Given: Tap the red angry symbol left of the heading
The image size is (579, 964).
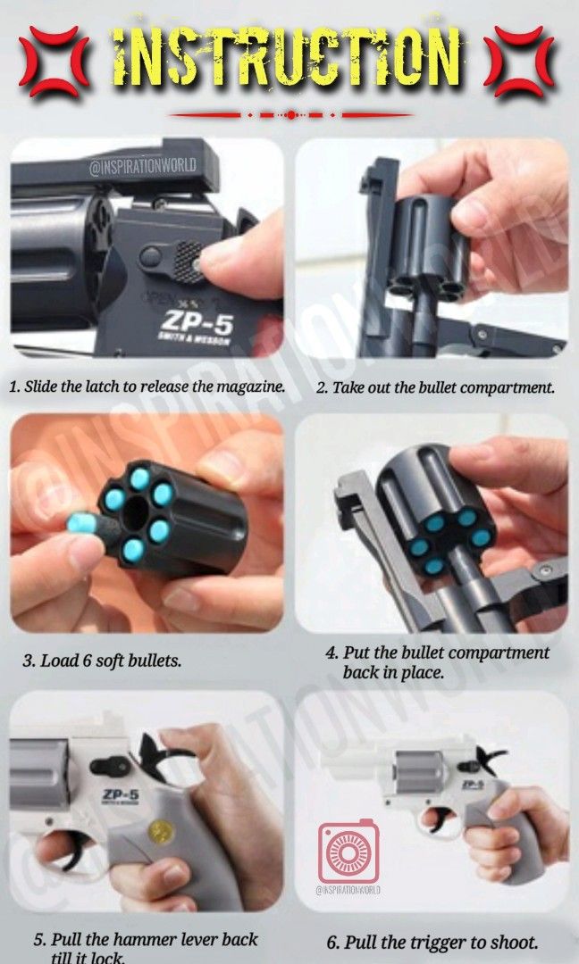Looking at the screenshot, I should coord(53,62).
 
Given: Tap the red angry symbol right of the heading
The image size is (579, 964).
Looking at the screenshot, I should coord(524,62).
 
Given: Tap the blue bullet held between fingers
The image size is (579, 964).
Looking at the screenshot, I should coord(80,523).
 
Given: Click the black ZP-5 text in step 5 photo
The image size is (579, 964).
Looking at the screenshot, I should coord(100,794).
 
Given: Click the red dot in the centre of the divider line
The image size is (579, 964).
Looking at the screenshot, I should coord(290,114).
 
